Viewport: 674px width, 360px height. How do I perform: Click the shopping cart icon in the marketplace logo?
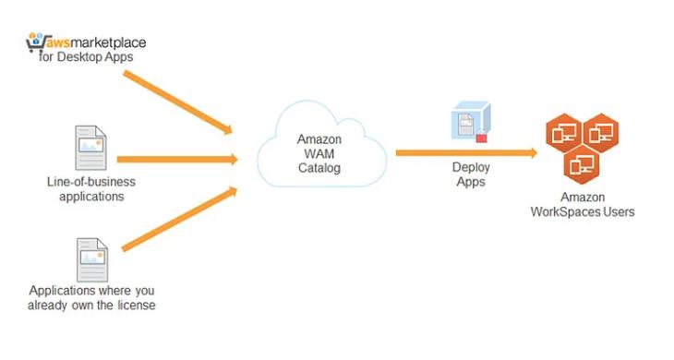[x=34, y=41]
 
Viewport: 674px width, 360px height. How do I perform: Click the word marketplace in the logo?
[x=105, y=42]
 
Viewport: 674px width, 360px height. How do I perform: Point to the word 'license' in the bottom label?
[x=135, y=305]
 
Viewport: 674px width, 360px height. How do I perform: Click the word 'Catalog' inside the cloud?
[x=319, y=169]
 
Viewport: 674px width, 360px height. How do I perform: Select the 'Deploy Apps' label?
[x=469, y=174]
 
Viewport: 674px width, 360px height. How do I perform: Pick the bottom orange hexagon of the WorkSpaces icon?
[x=582, y=165]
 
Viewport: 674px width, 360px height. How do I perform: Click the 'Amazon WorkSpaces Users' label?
[x=582, y=205]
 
